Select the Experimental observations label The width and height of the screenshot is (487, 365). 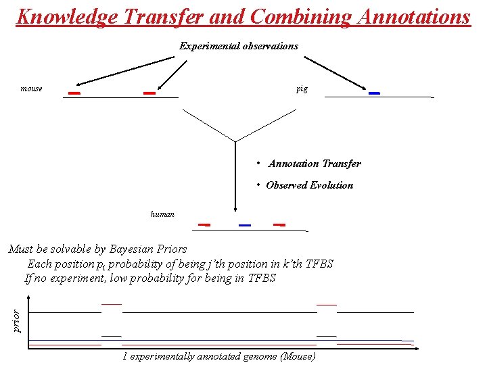[238, 46]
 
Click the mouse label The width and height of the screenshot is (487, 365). [31, 89]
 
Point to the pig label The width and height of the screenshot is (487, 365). [302, 89]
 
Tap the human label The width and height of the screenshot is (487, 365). [162, 214]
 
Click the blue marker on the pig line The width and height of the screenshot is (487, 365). [374, 93]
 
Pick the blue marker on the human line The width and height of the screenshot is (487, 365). [245, 224]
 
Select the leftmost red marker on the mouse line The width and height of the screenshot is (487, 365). [74, 93]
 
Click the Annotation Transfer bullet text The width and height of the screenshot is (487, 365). [315, 164]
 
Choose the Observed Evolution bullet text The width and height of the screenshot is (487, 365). [309, 185]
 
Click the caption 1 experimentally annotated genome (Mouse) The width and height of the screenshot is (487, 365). [218, 356]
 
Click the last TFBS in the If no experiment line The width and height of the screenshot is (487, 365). [262, 278]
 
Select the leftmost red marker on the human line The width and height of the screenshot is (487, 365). [204, 224]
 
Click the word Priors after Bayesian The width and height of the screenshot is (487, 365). [172, 249]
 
